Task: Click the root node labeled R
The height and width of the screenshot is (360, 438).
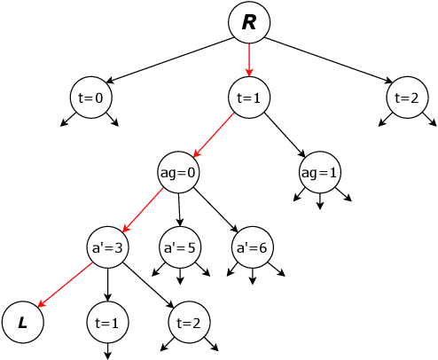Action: (x=249, y=23)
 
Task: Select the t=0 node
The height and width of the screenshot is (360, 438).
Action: (x=90, y=98)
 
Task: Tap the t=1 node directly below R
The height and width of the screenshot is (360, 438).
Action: (x=249, y=98)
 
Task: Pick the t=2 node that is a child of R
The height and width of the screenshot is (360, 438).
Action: (x=407, y=98)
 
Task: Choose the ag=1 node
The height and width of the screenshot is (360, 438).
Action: (x=320, y=172)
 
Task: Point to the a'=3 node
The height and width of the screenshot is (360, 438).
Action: (x=106, y=247)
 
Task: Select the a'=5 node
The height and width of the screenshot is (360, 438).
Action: (x=179, y=247)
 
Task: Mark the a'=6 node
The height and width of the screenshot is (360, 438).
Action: (x=251, y=247)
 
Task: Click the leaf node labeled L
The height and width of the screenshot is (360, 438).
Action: (x=22, y=322)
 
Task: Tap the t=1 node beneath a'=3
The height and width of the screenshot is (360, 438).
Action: (x=106, y=322)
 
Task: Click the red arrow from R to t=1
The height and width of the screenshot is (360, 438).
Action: (x=249, y=60)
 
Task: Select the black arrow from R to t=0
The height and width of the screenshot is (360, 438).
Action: (x=168, y=60)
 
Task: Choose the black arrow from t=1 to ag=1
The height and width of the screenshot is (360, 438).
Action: (x=285, y=135)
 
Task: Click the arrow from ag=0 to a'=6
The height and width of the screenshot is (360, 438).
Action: (x=214, y=210)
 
